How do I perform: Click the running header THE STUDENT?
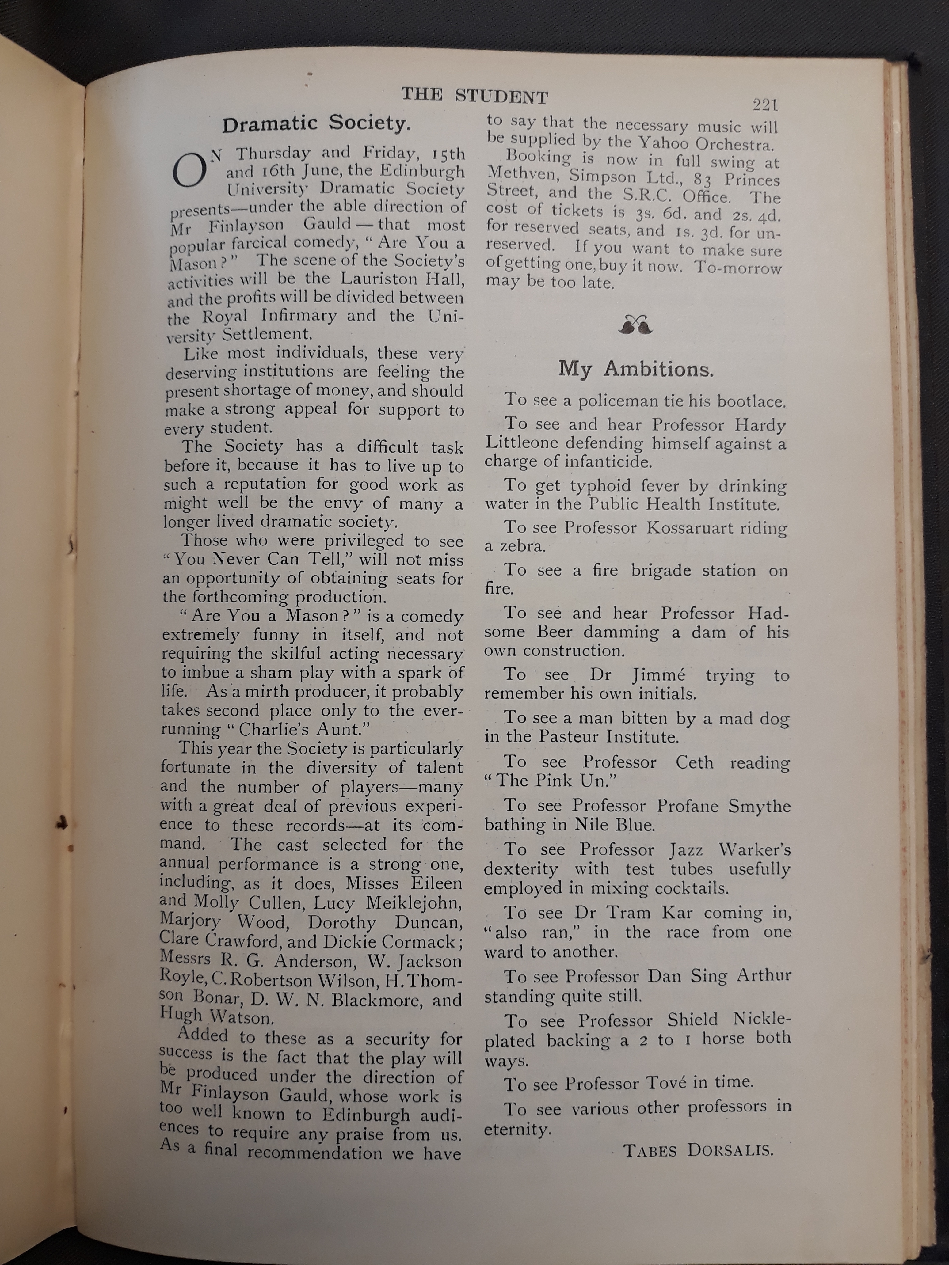click(x=474, y=96)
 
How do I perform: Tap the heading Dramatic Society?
click(x=316, y=124)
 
